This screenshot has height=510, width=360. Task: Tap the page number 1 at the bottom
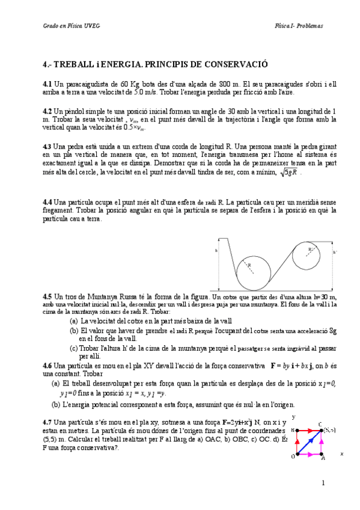click(323, 482)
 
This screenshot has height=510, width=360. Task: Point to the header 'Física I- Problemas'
click(299, 26)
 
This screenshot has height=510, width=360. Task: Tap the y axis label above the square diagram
click(293, 417)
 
